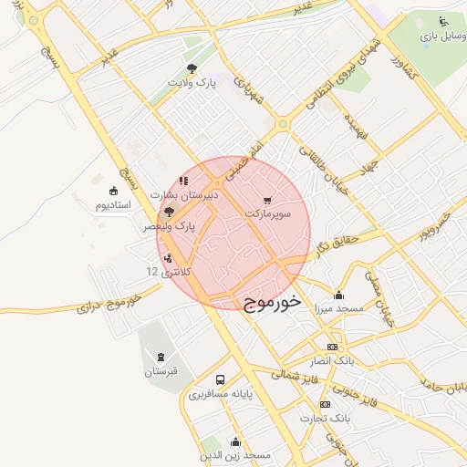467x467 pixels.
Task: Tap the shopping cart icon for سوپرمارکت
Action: pyautogui.click(x=266, y=200)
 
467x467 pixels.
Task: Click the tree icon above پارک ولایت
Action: pyautogui.click(x=192, y=68)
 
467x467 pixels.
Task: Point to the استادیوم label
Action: pyautogui.click(x=114, y=205)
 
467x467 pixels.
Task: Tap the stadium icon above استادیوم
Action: pyautogui.click(x=114, y=191)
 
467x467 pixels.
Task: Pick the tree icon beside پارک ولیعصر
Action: pyautogui.click(x=169, y=212)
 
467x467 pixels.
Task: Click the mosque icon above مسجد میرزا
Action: pyautogui.click(x=339, y=295)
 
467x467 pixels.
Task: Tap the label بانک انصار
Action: pyautogui.click(x=332, y=360)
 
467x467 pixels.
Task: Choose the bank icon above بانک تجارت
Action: pyautogui.click(x=325, y=404)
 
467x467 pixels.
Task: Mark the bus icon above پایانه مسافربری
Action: pyautogui.click(x=220, y=379)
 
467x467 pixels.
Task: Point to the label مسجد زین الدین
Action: pyautogui.click(x=236, y=454)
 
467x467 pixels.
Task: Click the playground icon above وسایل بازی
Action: pyautogui.click(x=443, y=21)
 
